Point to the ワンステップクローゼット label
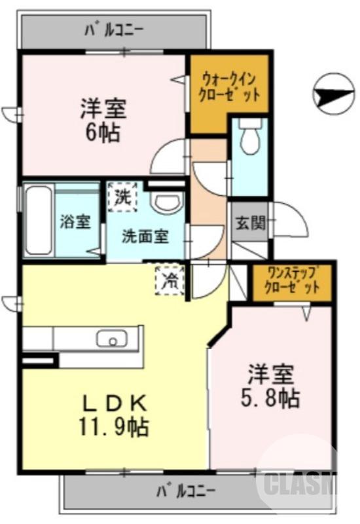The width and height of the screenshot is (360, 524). click(292, 280)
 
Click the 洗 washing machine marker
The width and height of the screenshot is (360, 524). click(122, 195)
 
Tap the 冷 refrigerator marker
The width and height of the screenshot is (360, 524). click(170, 280)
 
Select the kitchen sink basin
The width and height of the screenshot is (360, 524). click(112, 339)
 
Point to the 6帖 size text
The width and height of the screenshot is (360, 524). click(100, 133)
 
